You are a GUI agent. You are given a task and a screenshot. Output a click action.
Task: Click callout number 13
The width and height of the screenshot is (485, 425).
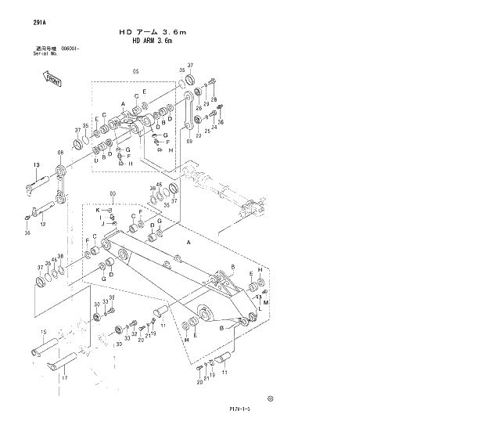click(36, 164)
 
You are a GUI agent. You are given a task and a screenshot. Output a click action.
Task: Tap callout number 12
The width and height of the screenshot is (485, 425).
click(43, 225)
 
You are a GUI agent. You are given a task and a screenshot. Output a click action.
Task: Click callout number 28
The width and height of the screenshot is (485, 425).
click(213, 100)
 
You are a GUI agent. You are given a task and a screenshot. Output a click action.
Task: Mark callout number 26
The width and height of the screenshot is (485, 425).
click(199, 108)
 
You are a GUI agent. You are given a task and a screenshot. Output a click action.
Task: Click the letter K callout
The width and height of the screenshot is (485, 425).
click(98, 210)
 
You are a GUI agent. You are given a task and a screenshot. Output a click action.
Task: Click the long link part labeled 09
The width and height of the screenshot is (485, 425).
click(190, 110)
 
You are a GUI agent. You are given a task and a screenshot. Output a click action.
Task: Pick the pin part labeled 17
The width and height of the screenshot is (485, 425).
click(61, 362)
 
